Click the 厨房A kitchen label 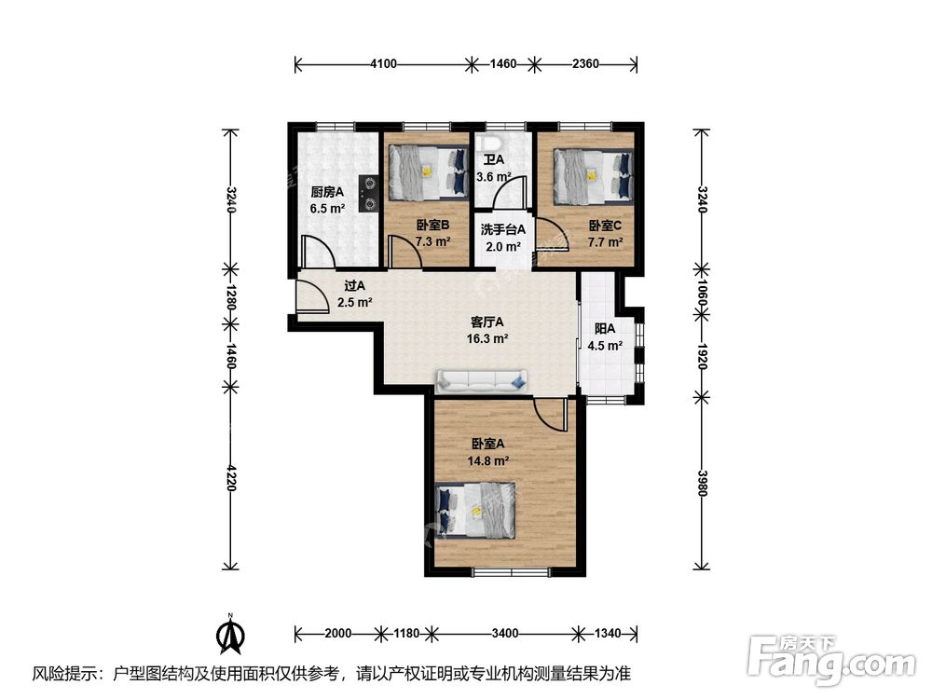click(x=327, y=192)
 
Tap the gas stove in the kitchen click(x=369, y=193)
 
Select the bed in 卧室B click(x=428, y=172)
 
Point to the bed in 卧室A click(x=475, y=511)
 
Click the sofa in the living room click(x=482, y=381)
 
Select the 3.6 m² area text click(x=494, y=176)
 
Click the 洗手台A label click(x=503, y=229)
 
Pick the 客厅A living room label click(x=487, y=322)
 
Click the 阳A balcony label click(x=605, y=329)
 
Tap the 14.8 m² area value click(x=487, y=460)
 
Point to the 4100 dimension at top click(x=383, y=63)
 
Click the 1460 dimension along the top click(x=503, y=63)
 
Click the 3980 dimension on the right click(x=702, y=483)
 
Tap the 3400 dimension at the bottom click(x=504, y=633)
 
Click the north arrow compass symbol click(x=230, y=634)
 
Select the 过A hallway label click(x=354, y=286)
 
